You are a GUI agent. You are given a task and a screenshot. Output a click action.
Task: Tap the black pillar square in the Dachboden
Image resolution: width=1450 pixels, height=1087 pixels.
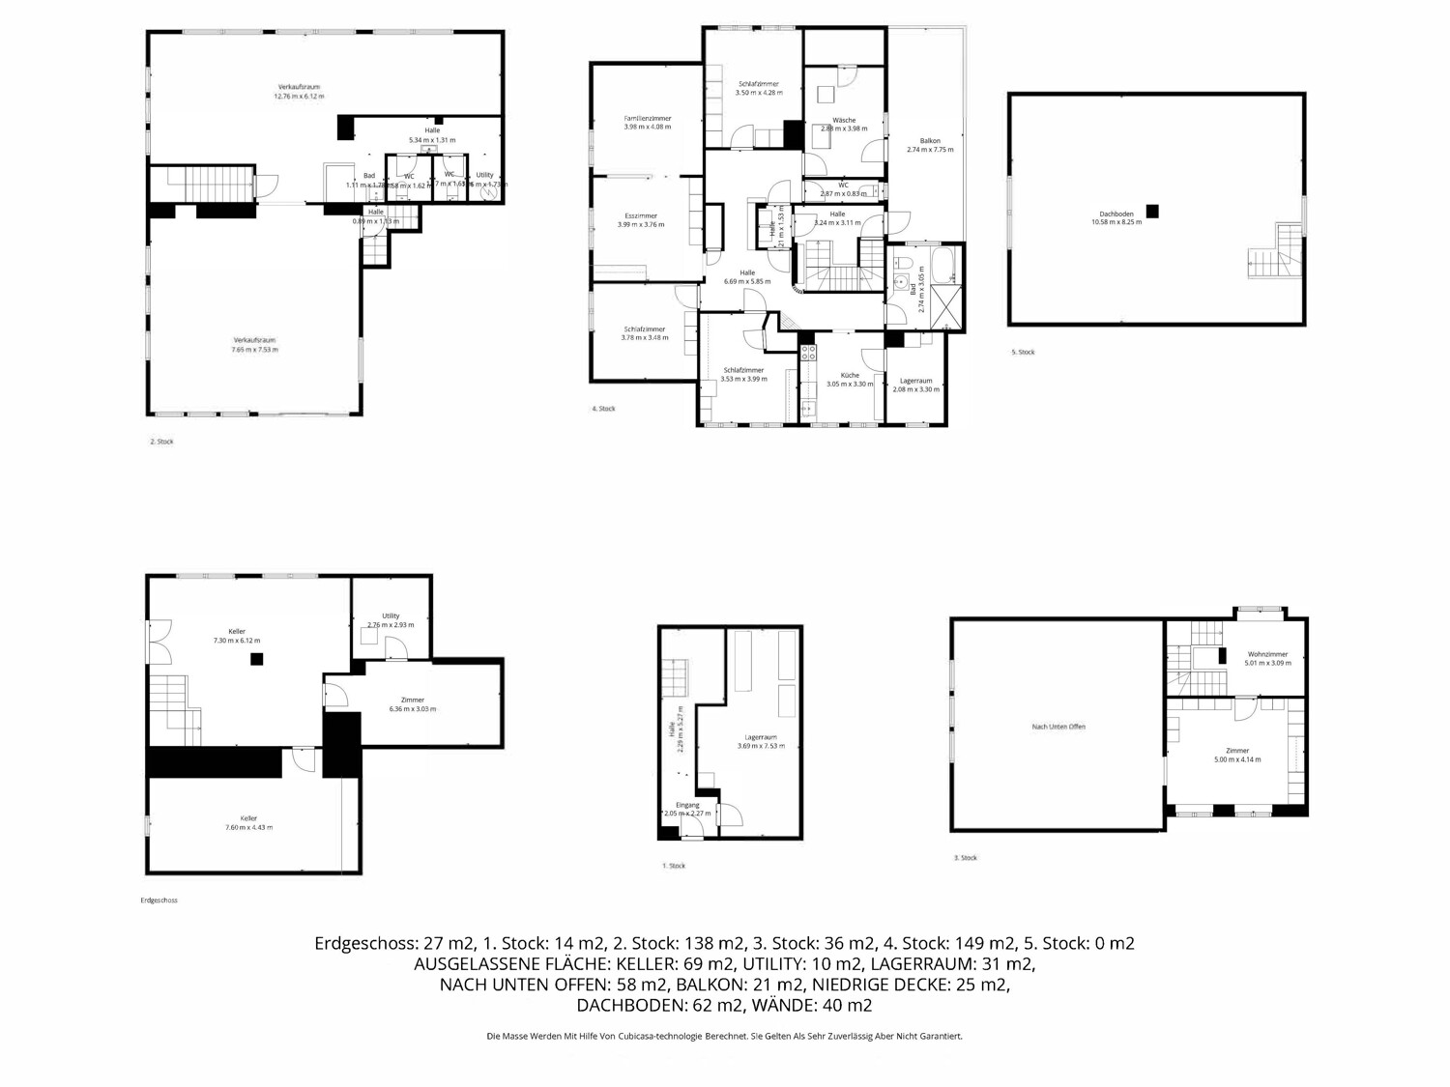click(x=1151, y=211)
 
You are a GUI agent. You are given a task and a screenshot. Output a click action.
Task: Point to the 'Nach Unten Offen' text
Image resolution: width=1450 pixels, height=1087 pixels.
click(x=1058, y=727)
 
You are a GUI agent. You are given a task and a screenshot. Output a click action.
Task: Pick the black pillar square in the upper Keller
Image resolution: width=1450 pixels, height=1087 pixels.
click(x=256, y=659)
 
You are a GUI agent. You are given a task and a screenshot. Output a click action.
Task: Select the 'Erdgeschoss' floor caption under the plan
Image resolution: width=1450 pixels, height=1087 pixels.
click(x=159, y=901)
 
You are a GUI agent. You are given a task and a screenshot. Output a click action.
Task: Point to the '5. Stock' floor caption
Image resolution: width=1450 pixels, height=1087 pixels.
click(x=1022, y=353)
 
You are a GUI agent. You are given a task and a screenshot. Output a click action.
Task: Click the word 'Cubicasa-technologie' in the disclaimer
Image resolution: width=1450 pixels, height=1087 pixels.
click(x=681, y=1037)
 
